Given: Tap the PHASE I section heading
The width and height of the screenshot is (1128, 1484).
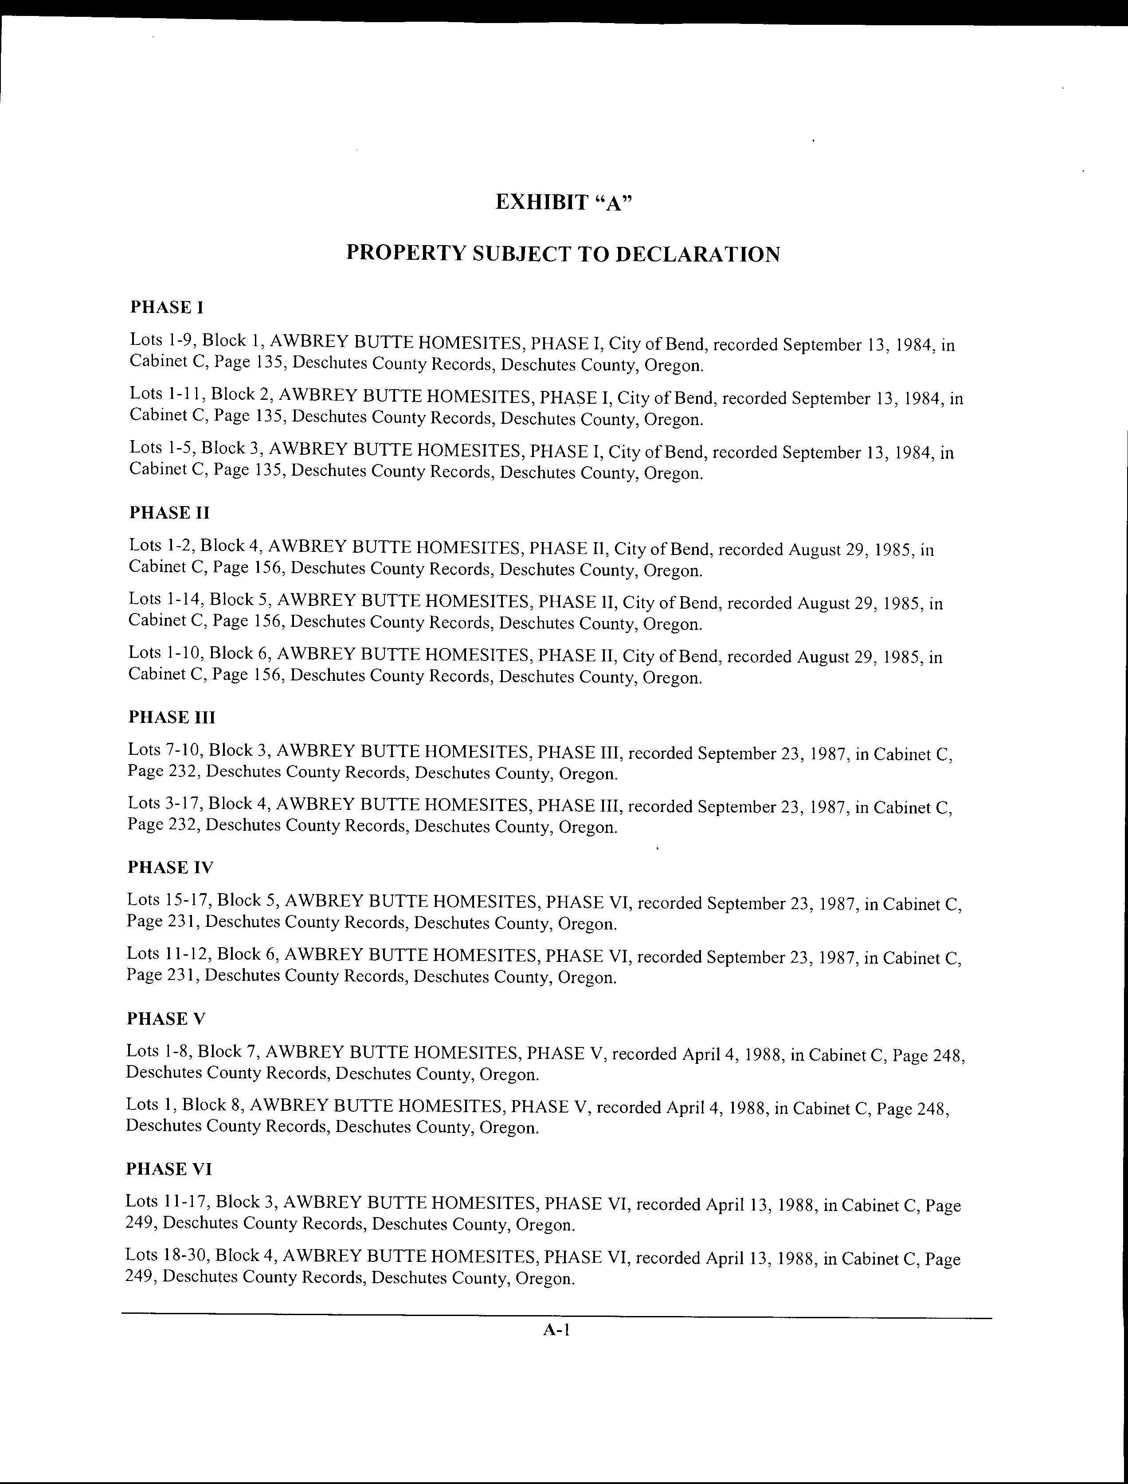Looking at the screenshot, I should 167,308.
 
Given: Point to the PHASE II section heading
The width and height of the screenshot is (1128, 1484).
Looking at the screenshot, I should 169,513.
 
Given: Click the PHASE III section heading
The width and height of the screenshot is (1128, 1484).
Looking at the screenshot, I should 172,718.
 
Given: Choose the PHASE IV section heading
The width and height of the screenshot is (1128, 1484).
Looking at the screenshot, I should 171,868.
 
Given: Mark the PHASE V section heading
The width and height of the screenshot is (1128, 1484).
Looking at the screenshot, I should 166,1019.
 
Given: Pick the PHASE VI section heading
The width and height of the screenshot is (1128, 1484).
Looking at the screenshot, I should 169,1169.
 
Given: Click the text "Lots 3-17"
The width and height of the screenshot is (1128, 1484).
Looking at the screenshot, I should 163,804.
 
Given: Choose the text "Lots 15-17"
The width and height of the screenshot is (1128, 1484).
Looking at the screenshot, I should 168,900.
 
